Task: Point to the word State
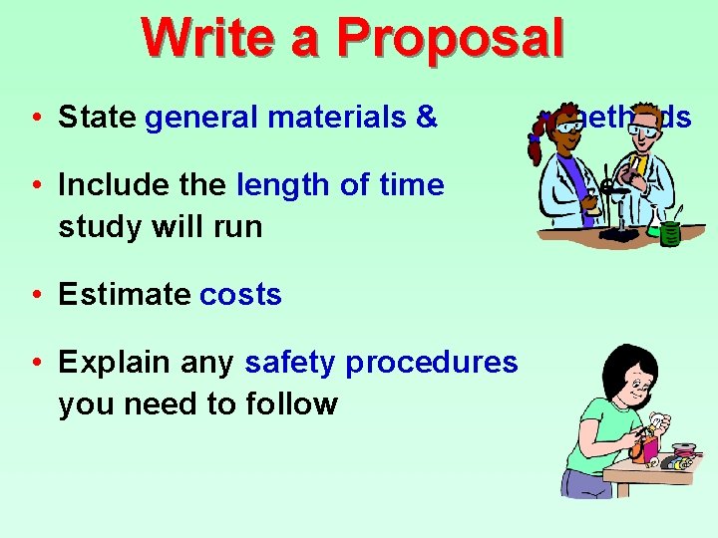[97, 118]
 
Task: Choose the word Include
[115, 185]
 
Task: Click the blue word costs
[240, 295]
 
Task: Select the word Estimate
[125, 295]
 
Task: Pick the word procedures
[432, 363]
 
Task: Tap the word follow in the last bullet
[296, 403]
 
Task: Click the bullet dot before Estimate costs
[35, 295]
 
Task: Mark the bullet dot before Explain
[35, 363]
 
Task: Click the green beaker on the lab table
[669, 232]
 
